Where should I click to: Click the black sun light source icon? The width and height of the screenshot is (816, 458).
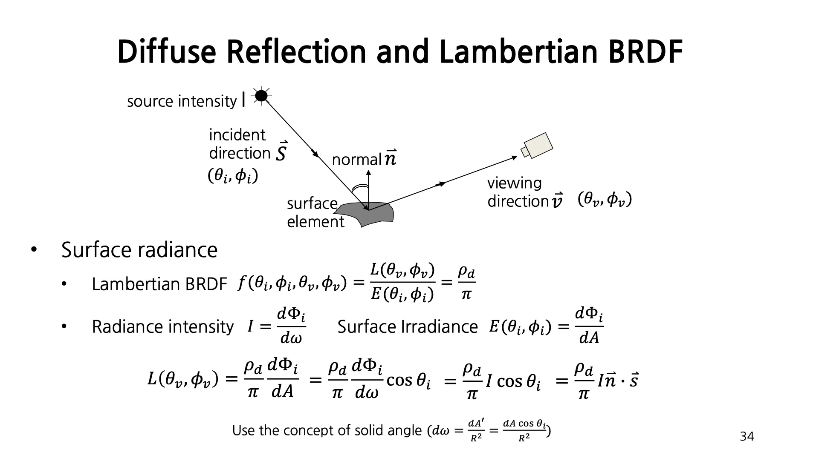pos(261,96)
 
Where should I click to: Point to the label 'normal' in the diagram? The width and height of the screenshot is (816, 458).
pos(356,160)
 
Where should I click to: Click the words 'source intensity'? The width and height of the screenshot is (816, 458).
pos(182,101)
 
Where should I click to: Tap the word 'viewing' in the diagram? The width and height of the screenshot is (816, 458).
pos(514,183)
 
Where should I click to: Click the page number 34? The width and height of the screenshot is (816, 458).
pos(747,436)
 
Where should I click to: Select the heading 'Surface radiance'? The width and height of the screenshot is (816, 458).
pos(139,250)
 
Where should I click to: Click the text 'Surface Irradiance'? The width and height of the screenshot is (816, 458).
pos(408,327)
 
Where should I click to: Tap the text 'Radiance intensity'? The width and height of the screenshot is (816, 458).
pos(163,327)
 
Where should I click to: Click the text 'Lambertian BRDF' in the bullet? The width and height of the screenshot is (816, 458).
pos(159,284)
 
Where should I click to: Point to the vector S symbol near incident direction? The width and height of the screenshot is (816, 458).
pos(281,152)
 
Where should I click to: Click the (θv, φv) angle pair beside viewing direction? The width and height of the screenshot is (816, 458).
pos(605,199)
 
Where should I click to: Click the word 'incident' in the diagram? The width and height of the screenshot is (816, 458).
pos(237,135)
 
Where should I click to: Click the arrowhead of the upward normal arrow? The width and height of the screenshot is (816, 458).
pos(368,174)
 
